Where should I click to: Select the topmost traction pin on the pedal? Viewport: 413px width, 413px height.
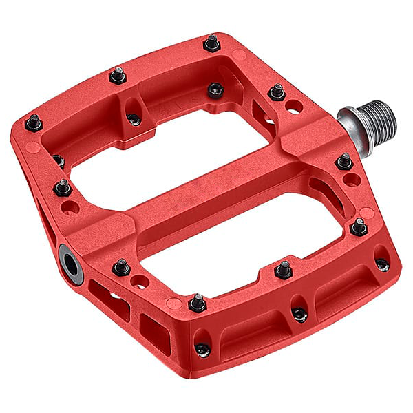click(x=212, y=43)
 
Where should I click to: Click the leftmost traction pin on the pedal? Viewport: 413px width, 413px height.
click(x=33, y=123)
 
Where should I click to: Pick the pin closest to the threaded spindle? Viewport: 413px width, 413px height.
click(x=277, y=91)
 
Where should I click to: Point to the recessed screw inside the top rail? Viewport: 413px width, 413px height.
click(x=215, y=89)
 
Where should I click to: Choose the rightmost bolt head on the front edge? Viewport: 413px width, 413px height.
click(x=382, y=265)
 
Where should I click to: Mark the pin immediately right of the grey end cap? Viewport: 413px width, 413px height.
click(x=121, y=266)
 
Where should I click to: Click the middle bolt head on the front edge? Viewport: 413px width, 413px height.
click(x=299, y=314)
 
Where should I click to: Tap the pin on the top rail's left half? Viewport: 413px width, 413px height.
click(x=118, y=74)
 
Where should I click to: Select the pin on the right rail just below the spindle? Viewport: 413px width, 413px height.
click(x=344, y=162)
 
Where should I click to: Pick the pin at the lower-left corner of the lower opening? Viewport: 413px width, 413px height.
click(x=198, y=301)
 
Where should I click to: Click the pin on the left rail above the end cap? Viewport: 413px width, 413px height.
click(x=63, y=187)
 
